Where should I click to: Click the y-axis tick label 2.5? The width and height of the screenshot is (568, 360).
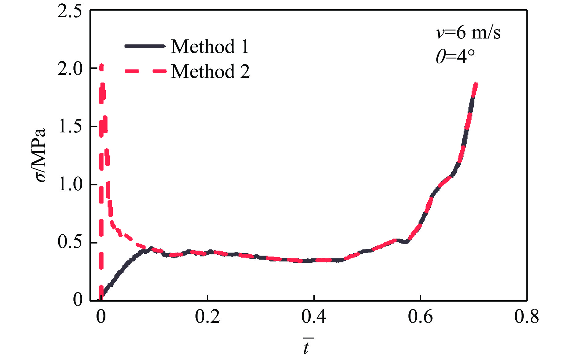click(x=70, y=12)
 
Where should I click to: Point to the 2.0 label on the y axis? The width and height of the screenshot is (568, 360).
click(x=70, y=69)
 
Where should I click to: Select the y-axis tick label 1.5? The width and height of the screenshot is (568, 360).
click(x=70, y=127)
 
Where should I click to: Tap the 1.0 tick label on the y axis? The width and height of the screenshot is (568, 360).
click(x=70, y=184)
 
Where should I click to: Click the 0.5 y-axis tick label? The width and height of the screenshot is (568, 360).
click(x=70, y=242)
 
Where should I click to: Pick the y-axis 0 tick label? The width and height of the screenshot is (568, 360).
click(x=78, y=299)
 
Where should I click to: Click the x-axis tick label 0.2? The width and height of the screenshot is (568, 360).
click(x=207, y=317)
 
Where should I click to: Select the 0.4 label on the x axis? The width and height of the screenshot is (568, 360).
click(x=314, y=317)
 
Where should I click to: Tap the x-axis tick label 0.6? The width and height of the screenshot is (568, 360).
click(x=420, y=317)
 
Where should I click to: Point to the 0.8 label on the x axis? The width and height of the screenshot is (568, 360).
click(x=526, y=317)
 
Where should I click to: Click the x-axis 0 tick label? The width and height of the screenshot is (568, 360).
click(x=101, y=317)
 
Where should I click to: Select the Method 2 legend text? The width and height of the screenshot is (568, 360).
click(x=210, y=71)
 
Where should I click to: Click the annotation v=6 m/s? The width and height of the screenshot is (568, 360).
click(x=468, y=33)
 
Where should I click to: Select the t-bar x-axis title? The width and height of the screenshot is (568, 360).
click(x=307, y=347)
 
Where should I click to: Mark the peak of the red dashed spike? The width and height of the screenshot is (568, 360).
click(x=101, y=66)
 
